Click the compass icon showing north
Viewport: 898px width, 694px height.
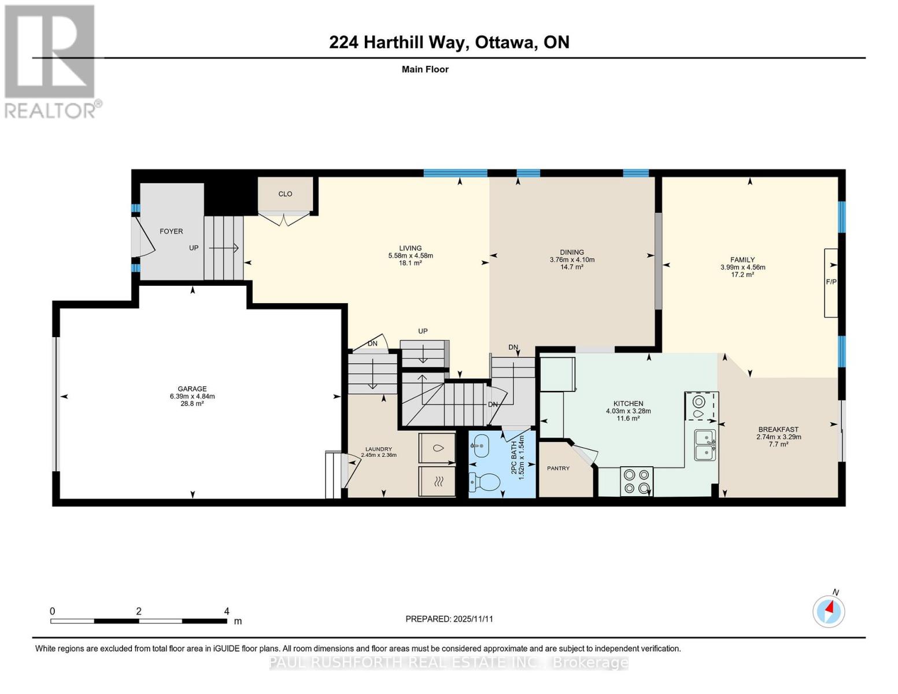pyautogui.click(x=829, y=611)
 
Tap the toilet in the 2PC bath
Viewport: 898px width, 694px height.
pyautogui.click(x=486, y=481)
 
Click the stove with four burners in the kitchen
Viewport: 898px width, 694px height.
pyautogui.click(x=637, y=481)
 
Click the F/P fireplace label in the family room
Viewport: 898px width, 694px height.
pyautogui.click(x=831, y=282)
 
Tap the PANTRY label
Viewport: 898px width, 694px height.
pyautogui.click(x=559, y=468)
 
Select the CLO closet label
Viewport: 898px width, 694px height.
pyautogui.click(x=285, y=194)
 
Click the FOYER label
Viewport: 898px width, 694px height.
pyautogui.click(x=171, y=231)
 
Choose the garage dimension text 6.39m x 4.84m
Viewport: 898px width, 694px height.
pyautogui.click(x=192, y=396)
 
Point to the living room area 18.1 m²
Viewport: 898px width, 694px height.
pyautogui.click(x=410, y=263)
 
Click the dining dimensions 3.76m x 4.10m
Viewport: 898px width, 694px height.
pyautogui.click(x=572, y=260)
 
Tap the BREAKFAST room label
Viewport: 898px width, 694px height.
pyautogui.click(x=778, y=429)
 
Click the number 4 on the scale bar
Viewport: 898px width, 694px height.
pyautogui.click(x=227, y=611)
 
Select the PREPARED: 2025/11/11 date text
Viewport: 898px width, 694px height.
pyautogui.click(x=449, y=619)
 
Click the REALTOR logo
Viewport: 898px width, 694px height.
pyautogui.click(x=51, y=61)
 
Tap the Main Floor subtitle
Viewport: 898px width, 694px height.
pyautogui.click(x=425, y=69)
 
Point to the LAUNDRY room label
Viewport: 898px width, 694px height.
pyautogui.click(x=378, y=449)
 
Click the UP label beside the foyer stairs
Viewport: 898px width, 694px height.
pyautogui.click(x=194, y=248)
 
